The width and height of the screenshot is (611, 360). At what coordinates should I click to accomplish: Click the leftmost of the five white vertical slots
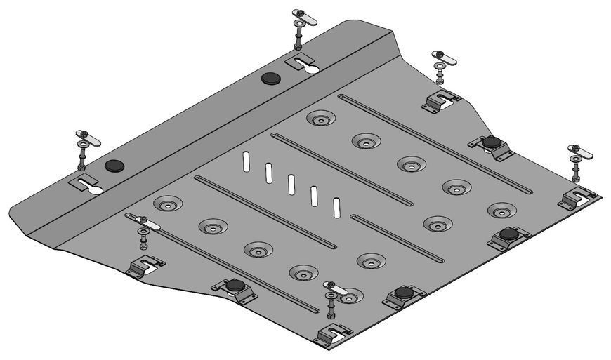(x=245, y=161)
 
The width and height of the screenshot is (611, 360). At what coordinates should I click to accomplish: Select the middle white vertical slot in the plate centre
(x=291, y=185)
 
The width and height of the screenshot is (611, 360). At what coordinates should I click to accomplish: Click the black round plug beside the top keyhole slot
(x=270, y=78)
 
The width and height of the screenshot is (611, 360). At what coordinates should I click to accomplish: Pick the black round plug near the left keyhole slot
(x=114, y=166)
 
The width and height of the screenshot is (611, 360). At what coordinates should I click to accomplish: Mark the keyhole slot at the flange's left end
(x=87, y=185)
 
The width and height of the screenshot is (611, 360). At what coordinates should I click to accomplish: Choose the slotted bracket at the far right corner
(x=577, y=197)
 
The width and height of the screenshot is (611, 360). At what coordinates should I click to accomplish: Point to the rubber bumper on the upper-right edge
(x=491, y=144)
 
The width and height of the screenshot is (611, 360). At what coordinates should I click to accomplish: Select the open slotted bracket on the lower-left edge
(x=145, y=266)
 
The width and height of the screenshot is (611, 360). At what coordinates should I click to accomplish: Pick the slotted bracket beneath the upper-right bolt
(x=440, y=102)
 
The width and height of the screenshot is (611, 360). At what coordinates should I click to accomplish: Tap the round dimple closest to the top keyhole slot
(x=320, y=120)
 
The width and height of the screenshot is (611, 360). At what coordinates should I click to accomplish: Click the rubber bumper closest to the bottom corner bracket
(x=402, y=293)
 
